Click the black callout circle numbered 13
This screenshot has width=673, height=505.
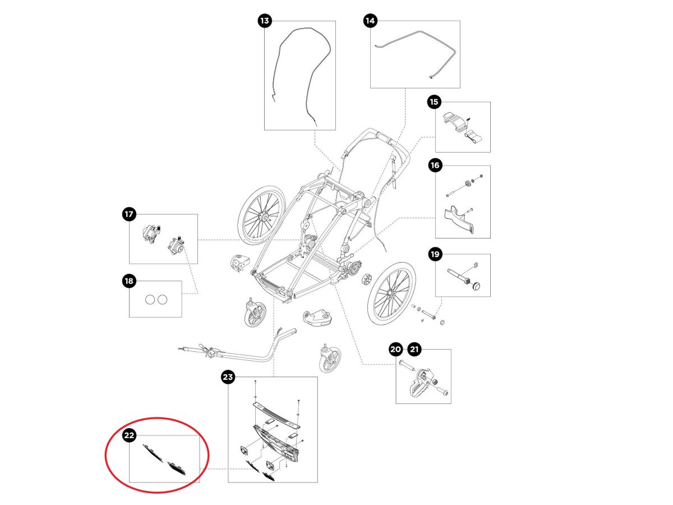tap(264, 21)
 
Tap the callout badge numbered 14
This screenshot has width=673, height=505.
tap(370, 21)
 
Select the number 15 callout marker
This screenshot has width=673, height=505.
tap(434, 102)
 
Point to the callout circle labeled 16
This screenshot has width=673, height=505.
tap(435, 166)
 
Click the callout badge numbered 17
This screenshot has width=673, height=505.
tap(129, 214)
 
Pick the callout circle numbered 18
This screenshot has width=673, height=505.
tap(129, 281)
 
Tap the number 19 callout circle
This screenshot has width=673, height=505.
tap(435, 254)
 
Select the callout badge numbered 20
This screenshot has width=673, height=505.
tap(395, 349)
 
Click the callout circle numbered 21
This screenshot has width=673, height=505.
tap(414, 349)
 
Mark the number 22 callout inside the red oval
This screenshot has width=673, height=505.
tap(129, 435)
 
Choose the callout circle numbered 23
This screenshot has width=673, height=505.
tap(228, 377)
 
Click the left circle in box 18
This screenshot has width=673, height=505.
tap(150, 300)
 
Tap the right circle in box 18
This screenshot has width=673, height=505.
tap(162, 300)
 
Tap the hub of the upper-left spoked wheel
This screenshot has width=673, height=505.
tap(264, 217)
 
